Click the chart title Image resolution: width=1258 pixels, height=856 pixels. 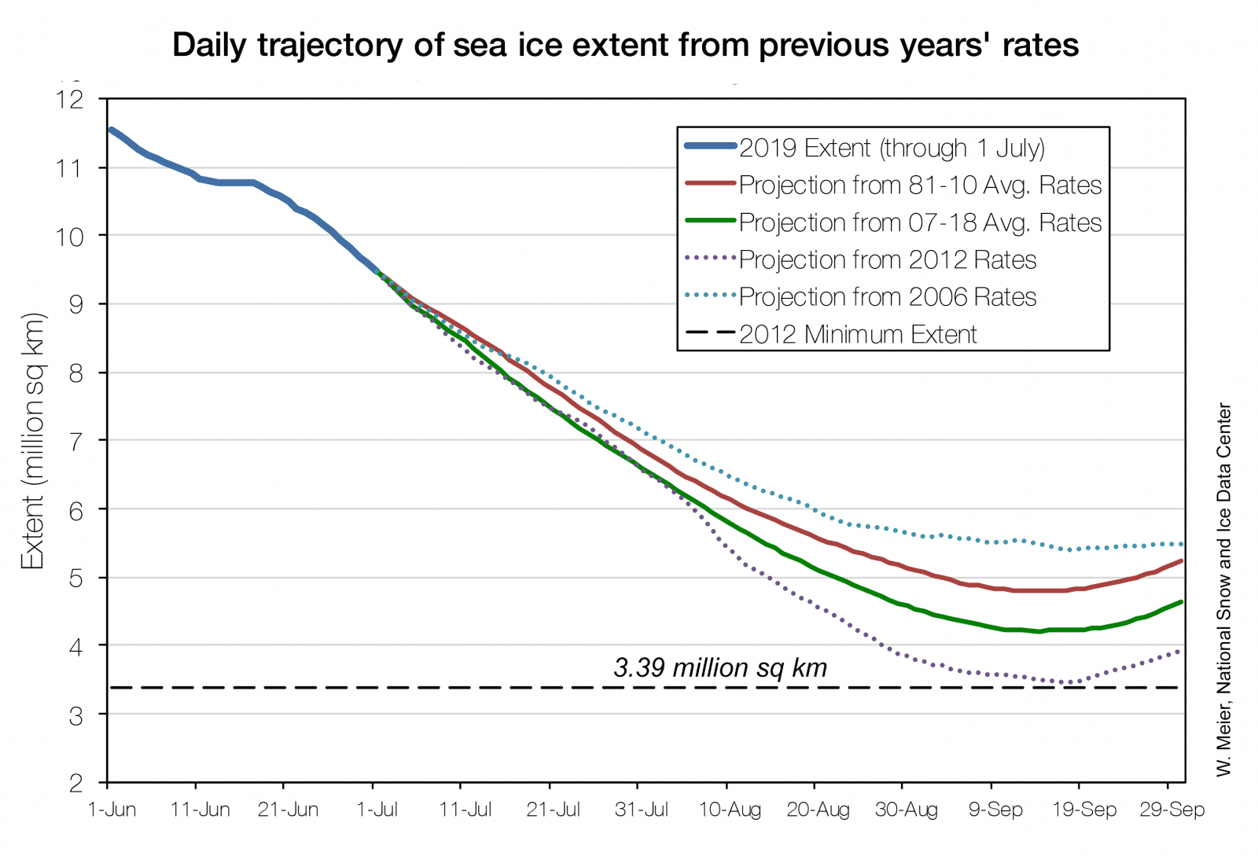pyautogui.click(x=625, y=45)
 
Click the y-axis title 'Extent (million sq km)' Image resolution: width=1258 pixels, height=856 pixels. pyautogui.click(x=33, y=440)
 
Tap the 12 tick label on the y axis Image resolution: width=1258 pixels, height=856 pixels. pyautogui.click(x=69, y=99)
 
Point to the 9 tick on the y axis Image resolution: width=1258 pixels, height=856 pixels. pyautogui.click(x=76, y=304)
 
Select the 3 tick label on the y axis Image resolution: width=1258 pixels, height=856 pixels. pyautogui.click(x=76, y=715)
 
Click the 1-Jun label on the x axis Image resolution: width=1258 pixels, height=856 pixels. pyautogui.click(x=112, y=810)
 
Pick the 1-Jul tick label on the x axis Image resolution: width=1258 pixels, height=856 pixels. pyautogui.click(x=377, y=810)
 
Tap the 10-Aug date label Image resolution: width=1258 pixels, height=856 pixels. pyautogui.click(x=730, y=810)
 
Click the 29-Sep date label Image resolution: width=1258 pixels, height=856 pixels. pyautogui.click(x=1172, y=810)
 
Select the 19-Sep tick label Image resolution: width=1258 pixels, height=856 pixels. pyautogui.click(x=1083, y=810)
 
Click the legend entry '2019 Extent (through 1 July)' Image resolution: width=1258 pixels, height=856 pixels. pyautogui.click(x=892, y=148)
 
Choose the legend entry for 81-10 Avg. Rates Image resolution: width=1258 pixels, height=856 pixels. pyautogui.click(x=920, y=185)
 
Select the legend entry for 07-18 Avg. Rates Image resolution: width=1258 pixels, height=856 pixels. pyautogui.click(x=920, y=222)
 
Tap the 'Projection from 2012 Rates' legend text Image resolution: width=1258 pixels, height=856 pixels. pyautogui.click(x=888, y=259)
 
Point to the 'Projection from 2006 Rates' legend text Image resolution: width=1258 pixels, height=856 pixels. pyautogui.click(x=888, y=296)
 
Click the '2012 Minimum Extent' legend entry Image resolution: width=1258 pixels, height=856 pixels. pyautogui.click(x=858, y=334)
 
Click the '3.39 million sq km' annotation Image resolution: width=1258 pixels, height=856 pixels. pyautogui.click(x=720, y=667)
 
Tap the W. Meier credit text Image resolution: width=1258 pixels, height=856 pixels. pyautogui.click(x=1223, y=590)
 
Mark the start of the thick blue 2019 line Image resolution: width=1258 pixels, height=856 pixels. pyautogui.click(x=111, y=130)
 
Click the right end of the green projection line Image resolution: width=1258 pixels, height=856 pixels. pyautogui.click(x=1182, y=602)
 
